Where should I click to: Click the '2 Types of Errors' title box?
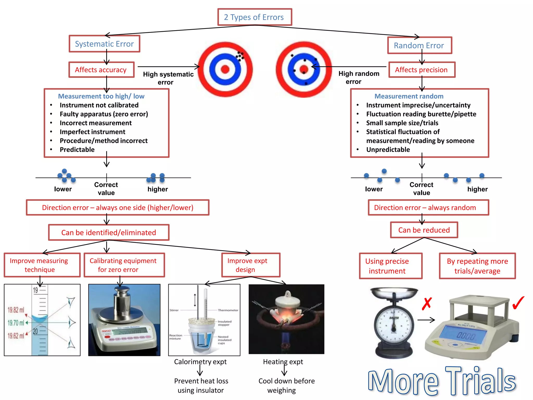255,17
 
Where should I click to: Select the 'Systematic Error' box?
104,44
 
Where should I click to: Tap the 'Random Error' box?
419,46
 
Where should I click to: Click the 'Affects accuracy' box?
101,70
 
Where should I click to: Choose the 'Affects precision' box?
422,70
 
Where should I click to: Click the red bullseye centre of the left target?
225,69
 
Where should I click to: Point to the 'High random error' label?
358,78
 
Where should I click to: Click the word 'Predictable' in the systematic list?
77,150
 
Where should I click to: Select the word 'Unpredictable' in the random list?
388,150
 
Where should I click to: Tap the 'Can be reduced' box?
424,230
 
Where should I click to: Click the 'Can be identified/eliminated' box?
109,233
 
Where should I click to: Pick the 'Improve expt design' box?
251,265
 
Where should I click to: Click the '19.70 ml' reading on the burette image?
16,323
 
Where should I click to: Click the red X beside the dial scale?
427,304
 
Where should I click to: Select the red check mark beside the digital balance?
518,303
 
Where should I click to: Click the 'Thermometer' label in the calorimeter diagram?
228,310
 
